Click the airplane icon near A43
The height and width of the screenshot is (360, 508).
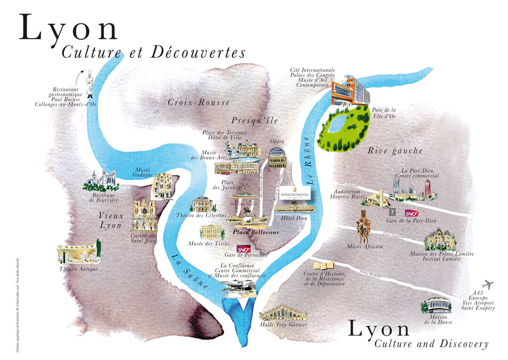[x=487, y=285]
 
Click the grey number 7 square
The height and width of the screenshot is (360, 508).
[x=392, y=211]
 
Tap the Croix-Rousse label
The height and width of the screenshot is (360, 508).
[x=198, y=103]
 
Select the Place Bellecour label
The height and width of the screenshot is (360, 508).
[x=256, y=232]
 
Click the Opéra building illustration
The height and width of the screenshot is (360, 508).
[x=276, y=157]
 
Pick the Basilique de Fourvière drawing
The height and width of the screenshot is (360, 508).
[x=103, y=179]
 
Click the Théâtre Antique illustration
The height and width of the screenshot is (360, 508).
[x=77, y=254]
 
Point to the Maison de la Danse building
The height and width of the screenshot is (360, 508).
[x=436, y=306]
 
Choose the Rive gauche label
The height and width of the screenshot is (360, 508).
[x=395, y=151]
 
